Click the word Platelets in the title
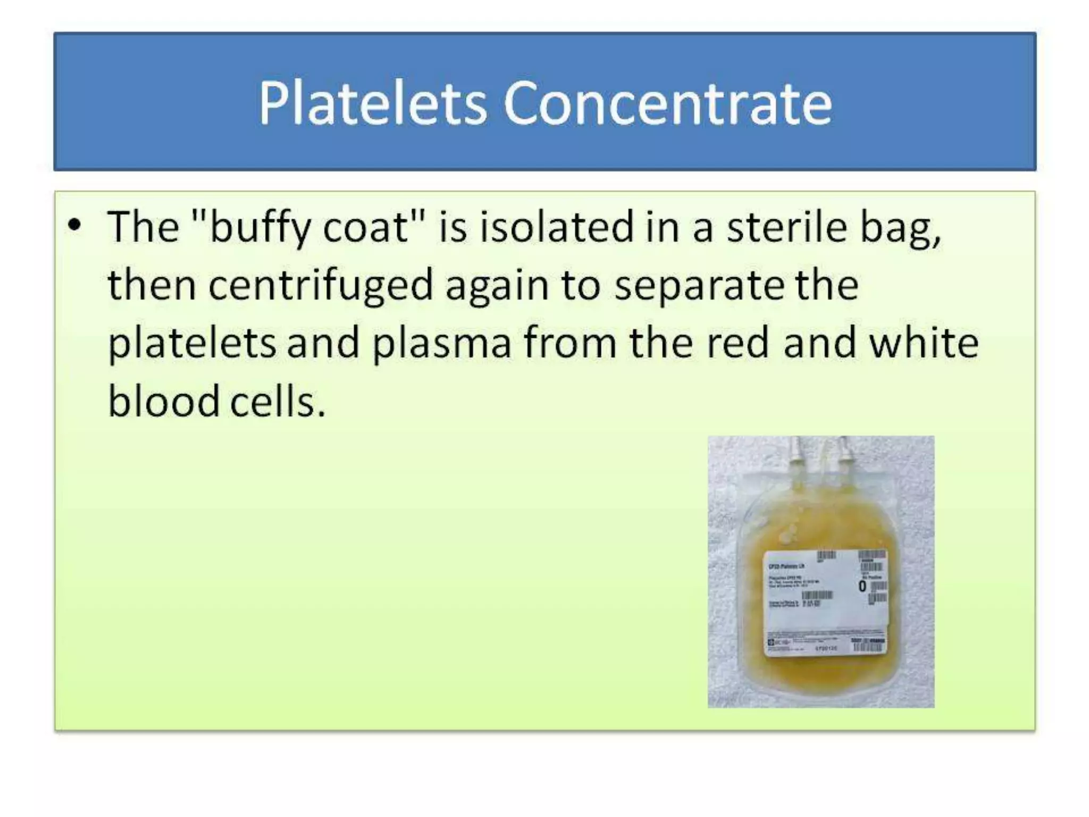point(372,104)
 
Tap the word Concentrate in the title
point(667,104)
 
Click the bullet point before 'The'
point(75,225)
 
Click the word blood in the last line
point(163,401)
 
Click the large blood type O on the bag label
point(862,586)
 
